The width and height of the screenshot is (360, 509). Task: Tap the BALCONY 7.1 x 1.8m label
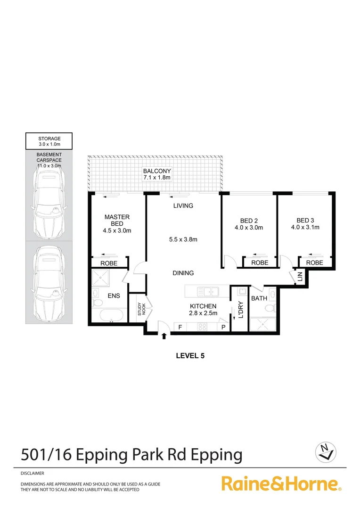[157, 174]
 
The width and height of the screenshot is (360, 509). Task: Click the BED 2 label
[249, 224]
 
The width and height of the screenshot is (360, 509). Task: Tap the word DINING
[183, 273]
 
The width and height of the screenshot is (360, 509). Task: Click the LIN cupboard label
[299, 278]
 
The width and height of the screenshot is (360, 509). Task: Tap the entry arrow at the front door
[164, 336]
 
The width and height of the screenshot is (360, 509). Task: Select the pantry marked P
[223, 327]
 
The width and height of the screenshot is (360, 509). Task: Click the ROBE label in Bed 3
[315, 263]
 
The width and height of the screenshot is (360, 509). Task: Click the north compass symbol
[325, 453]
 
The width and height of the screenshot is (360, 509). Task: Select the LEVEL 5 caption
[190, 356]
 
